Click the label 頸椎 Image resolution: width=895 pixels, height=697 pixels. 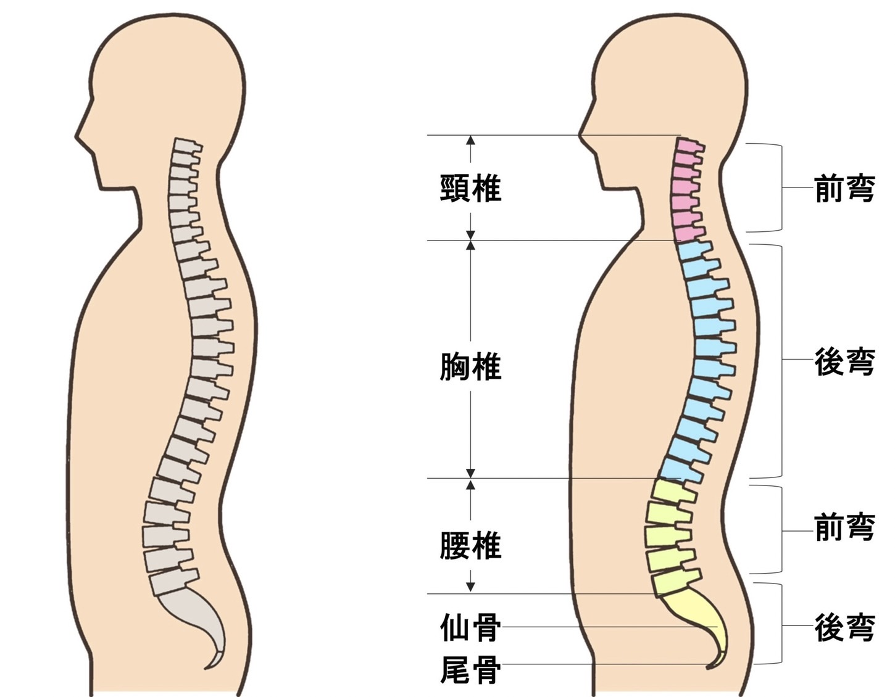(x=470, y=188)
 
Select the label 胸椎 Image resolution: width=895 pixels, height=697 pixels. (x=470, y=367)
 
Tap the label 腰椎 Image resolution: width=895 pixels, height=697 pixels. (x=470, y=546)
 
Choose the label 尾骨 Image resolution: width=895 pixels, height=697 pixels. (x=470, y=670)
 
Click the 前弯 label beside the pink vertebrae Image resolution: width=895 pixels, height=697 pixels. (x=844, y=188)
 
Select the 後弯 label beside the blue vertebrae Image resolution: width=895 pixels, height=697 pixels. (x=844, y=362)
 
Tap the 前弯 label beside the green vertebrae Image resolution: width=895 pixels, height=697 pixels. (x=844, y=527)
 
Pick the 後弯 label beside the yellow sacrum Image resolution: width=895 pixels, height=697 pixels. (x=844, y=627)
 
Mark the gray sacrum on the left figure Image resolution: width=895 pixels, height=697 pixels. (x=198, y=617)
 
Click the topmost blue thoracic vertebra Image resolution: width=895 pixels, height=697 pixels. (x=694, y=250)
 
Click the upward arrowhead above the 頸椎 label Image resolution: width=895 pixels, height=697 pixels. (x=471, y=140)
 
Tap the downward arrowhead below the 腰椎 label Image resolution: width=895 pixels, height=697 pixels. (x=471, y=588)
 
